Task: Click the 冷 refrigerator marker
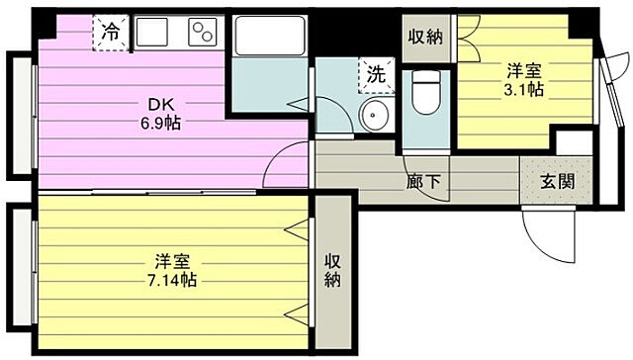point(112,33)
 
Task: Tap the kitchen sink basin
point(154,33)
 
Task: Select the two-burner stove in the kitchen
point(203,33)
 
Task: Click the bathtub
point(268,41)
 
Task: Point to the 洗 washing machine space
point(376,72)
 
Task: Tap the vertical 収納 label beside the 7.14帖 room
point(333,270)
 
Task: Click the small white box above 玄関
point(573,142)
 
